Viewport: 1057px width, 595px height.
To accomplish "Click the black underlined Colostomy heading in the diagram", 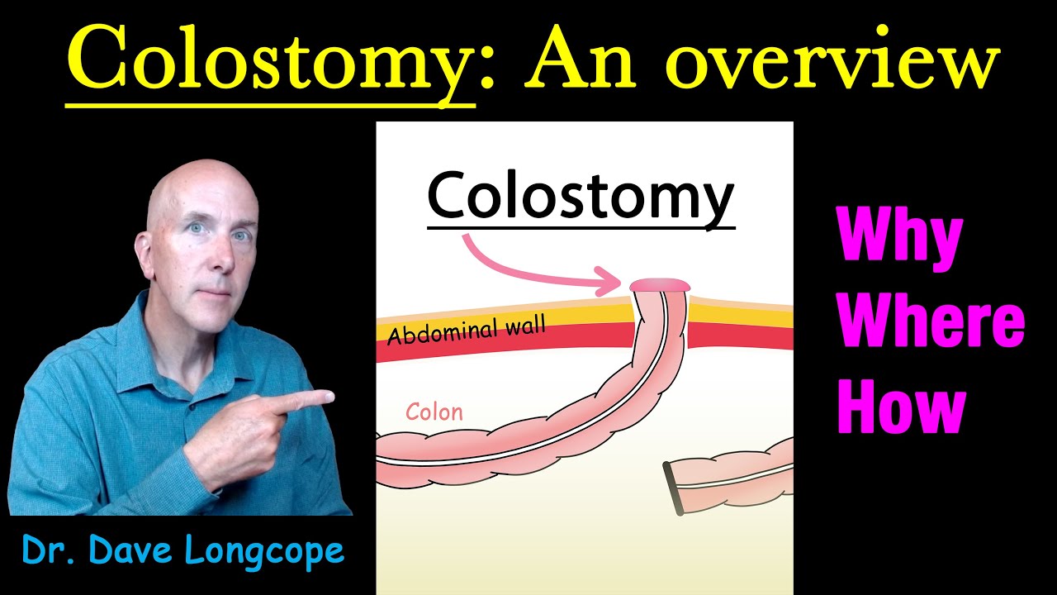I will point(581,197).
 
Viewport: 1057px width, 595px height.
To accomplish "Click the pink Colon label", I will point(434,412).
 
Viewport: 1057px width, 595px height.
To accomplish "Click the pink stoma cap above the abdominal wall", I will point(661,285).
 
